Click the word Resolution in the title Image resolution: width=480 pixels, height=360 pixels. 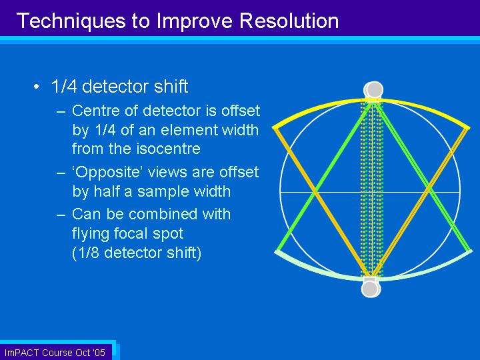point(289,21)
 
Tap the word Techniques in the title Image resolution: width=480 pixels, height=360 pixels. point(71,21)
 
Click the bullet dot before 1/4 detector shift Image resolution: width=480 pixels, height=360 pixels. point(37,87)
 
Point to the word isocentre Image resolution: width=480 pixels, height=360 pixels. point(169,149)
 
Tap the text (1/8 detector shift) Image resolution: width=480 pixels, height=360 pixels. point(137,253)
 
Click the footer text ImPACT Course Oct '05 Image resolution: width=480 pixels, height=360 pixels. point(55,353)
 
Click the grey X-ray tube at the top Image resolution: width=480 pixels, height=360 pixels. point(373,90)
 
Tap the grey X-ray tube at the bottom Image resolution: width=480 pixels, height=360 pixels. point(371,289)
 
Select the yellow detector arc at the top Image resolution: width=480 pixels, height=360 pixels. point(371,101)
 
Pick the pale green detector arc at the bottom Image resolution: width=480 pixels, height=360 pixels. point(373,278)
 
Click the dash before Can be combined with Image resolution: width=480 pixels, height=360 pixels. point(61,215)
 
